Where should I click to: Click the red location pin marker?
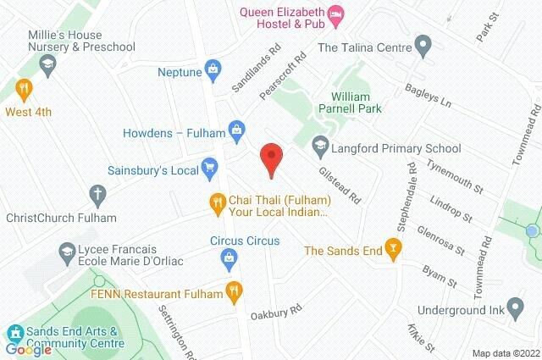coord(270,158)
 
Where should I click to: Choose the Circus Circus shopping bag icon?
coord(227,258)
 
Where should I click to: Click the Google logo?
coord(28,348)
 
